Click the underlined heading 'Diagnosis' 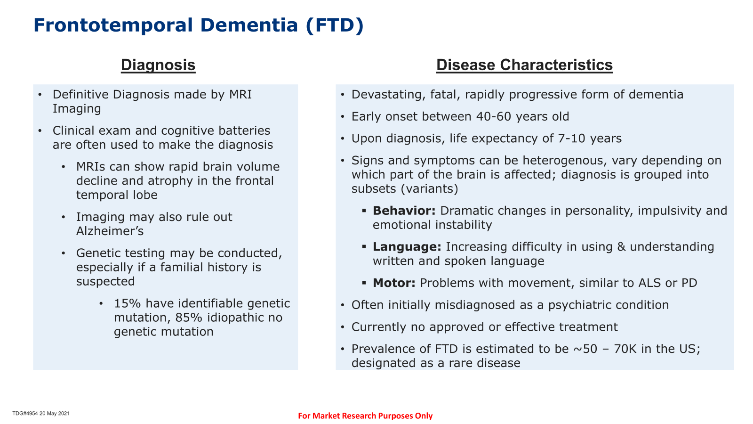158,65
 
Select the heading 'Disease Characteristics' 524,65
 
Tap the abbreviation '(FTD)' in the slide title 335,25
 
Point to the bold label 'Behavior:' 404,211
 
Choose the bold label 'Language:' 407,247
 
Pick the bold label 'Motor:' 394,283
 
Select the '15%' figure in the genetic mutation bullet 127,303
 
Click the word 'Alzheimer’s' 110,231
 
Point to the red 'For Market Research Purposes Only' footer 365,416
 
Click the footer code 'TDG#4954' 25,413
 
